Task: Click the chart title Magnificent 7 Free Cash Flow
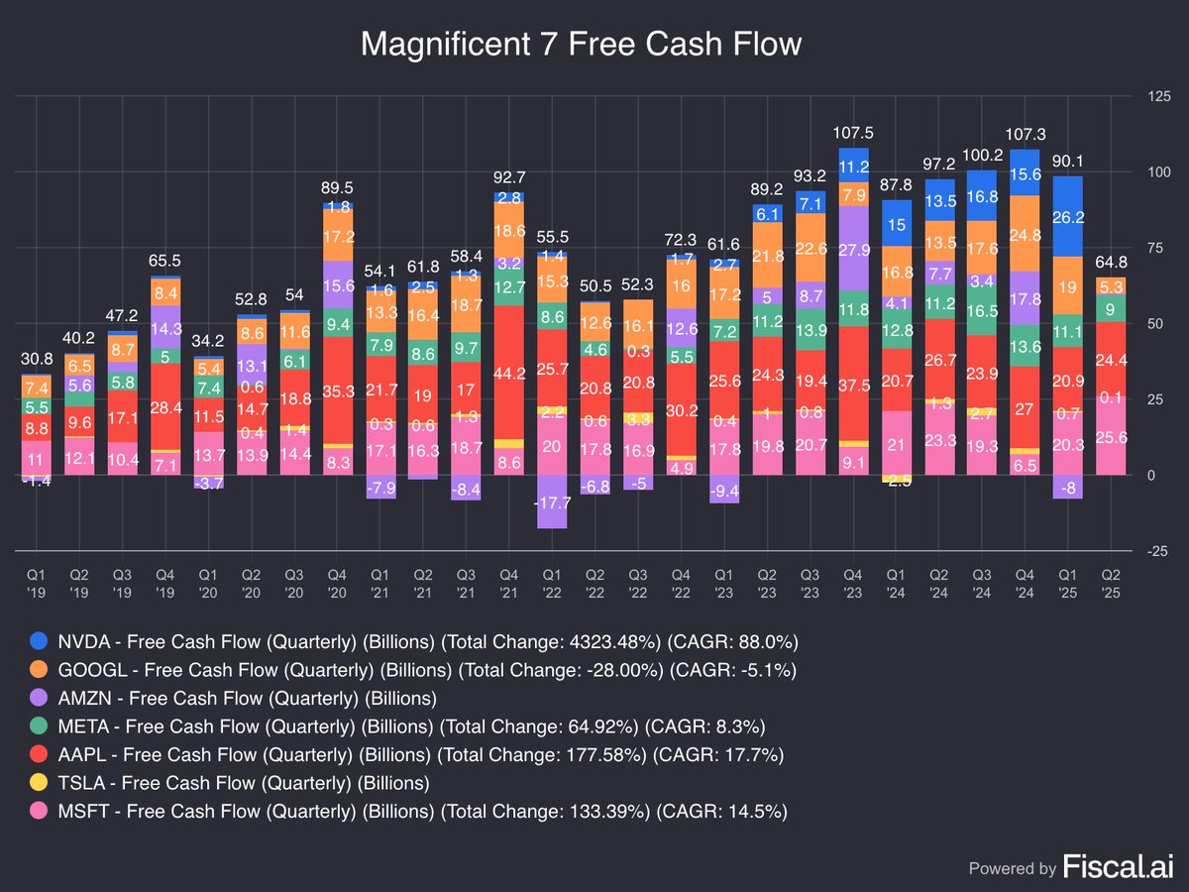tap(580, 45)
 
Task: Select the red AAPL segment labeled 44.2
tap(508, 373)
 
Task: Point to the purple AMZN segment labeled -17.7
tap(550, 502)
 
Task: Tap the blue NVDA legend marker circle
tap(38, 641)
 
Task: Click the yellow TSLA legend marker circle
tap(38, 783)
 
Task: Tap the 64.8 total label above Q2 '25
tap(1110, 263)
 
